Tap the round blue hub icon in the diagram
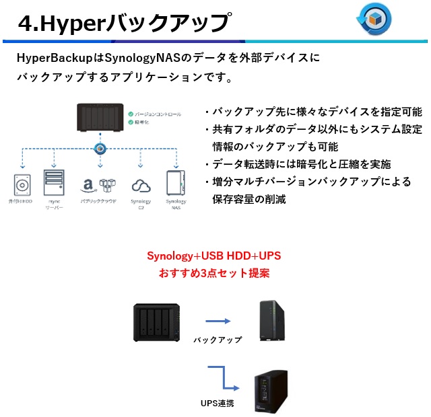pyautogui.click(x=100, y=148)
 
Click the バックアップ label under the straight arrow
pyautogui.click(x=217, y=340)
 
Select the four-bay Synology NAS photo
pyautogui.click(x=157, y=324)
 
